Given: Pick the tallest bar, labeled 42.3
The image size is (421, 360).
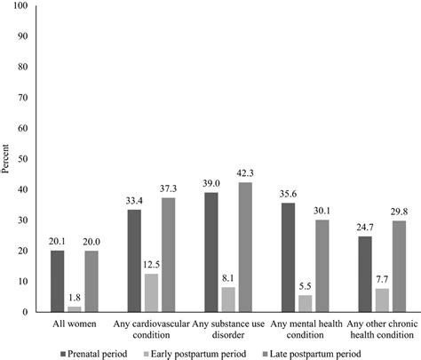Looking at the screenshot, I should click(x=244, y=247).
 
